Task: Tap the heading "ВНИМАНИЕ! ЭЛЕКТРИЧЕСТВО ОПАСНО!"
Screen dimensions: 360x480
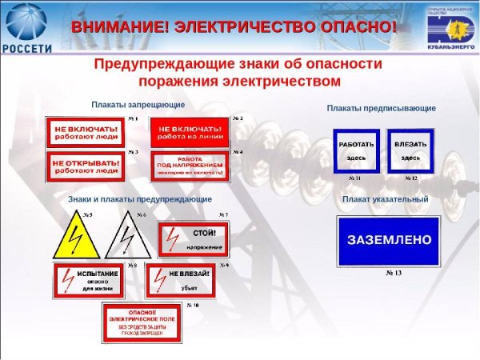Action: tap(234, 26)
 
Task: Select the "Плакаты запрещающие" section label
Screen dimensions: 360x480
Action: tap(138, 105)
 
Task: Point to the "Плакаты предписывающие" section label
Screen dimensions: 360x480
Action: tap(381, 107)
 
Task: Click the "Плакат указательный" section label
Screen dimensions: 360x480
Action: tap(385, 199)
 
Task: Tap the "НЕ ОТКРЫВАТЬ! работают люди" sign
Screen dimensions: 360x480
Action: tap(86, 166)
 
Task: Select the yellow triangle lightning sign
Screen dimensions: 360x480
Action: tap(77, 235)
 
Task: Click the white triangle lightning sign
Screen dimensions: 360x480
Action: tap(128, 235)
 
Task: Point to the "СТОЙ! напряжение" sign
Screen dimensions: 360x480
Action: tap(194, 238)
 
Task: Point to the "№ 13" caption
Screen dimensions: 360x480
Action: tap(394, 274)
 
